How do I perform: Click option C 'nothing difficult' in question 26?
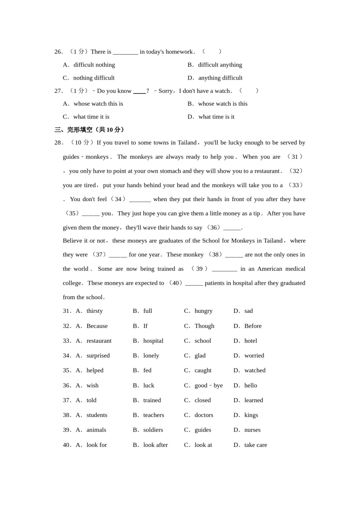pyautogui.click(x=94, y=78)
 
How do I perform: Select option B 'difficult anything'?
pyautogui.click(x=220, y=65)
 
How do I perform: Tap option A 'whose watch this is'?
pyautogui.click(x=98, y=104)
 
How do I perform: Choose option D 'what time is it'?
pyautogui.click(x=216, y=117)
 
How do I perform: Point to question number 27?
pyautogui.click(x=58, y=91)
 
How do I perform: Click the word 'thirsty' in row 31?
pyautogui.click(x=94, y=311)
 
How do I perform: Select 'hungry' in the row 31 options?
pyautogui.click(x=203, y=311)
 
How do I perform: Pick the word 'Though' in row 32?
pyautogui.click(x=204, y=326)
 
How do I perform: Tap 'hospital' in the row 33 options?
pyautogui.click(x=153, y=341)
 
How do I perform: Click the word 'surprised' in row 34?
pyautogui.click(x=98, y=356)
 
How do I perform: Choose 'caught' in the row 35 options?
pyautogui.click(x=203, y=370)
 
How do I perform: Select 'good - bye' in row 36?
pyautogui.click(x=208, y=386)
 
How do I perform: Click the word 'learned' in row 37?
pyautogui.click(x=254, y=400)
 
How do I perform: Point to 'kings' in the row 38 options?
pyautogui.click(x=251, y=415)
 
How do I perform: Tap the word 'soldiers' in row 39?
pyautogui.click(x=153, y=430)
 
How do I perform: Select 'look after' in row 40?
pyautogui.click(x=155, y=445)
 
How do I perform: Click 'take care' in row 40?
pyautogui.click(x=255, y=445)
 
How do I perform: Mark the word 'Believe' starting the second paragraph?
pyautogui.click(x=73, y=241)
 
